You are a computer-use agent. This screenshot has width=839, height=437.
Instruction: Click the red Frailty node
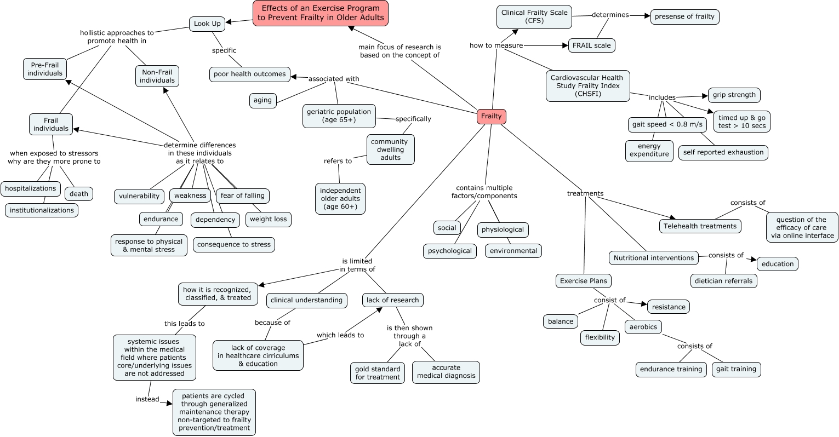(491, 116)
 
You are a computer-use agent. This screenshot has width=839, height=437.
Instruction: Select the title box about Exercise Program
(321, 13)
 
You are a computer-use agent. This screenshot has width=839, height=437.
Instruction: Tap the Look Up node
(207, 24)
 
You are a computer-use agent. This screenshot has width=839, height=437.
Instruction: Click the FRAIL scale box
(591, 45)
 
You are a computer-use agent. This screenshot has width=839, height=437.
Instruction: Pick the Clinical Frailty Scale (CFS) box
(534, 17)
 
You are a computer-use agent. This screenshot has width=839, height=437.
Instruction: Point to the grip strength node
(734, 95)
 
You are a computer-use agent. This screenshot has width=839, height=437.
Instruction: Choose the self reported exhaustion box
(723, 152)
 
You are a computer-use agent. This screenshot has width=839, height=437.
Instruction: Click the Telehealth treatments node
(700, 226)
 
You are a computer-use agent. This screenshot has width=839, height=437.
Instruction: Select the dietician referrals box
(724, 281)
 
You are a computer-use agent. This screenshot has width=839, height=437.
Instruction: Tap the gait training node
(736, 369)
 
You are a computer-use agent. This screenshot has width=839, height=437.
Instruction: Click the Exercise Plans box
(583, 281)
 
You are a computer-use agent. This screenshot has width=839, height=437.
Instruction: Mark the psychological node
(449, 251)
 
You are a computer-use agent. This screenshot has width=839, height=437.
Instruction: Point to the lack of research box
(392, 300)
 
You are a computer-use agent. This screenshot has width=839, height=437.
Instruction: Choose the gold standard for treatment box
(378, 373)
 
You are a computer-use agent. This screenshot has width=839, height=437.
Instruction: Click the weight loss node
(268, 219)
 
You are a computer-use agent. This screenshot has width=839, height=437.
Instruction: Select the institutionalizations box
(42, 210)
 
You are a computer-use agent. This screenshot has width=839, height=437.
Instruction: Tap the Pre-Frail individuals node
(45, 69)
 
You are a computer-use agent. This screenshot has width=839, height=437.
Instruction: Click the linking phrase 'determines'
(610, 15)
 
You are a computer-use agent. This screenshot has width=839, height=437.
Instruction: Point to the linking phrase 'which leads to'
(340, 335)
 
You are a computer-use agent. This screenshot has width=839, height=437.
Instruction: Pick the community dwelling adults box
(390, 150)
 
